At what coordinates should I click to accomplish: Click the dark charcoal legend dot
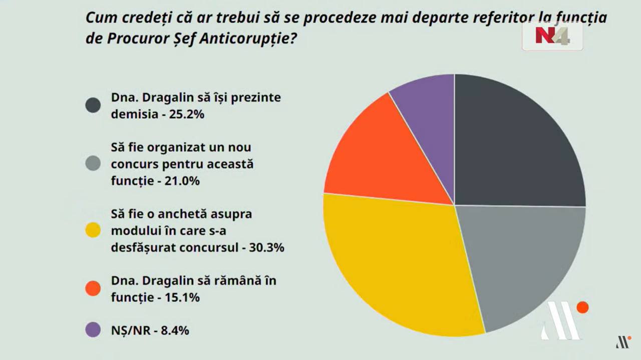pos(93,105)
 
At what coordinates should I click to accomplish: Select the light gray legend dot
pos(93,163)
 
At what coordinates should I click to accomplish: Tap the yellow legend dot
pos(93,230)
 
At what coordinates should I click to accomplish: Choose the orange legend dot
pos(93,288)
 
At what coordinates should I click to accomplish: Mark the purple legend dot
pos(93,329)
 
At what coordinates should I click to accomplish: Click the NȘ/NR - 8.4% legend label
pos(150,330)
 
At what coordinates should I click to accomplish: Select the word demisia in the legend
pos(130,114)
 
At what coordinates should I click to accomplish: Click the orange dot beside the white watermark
pos(582,307)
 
